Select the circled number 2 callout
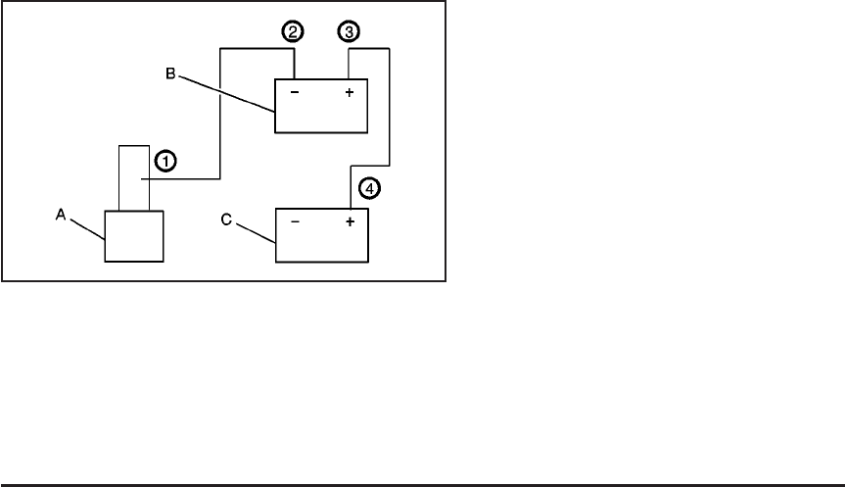click(292, 32)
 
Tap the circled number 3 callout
click(348, 32)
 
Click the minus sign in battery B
click(295, 94)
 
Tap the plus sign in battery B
click(349, 94)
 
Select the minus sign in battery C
click(295, 222)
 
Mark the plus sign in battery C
click(349, 222)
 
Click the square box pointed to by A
click(134, 235)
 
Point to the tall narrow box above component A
click(133, 176)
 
